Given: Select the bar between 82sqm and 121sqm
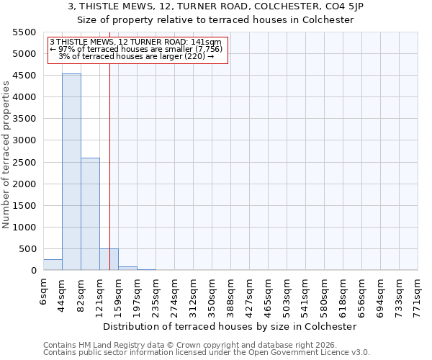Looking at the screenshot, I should coord(90,214).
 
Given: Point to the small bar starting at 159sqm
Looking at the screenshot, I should coord(127,268).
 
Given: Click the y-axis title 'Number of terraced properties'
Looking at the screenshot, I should coord(6,154).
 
